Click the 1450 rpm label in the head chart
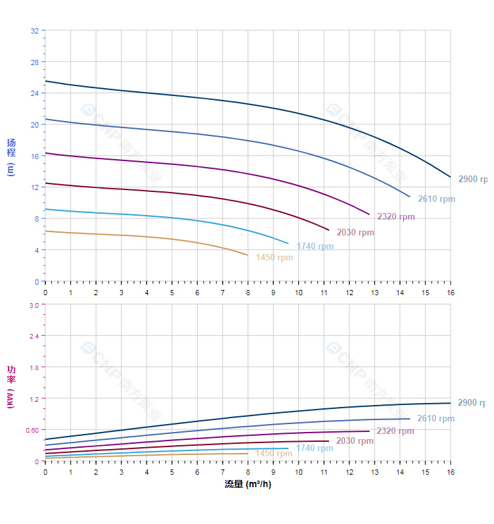[x=275, y=258]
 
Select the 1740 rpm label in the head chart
[x=315, y=247]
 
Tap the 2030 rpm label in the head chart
[x=355, y=232]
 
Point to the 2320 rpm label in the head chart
[x=395, y=217]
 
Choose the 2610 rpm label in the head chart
[x=436, y=199]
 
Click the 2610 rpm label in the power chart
[x=436, y=419]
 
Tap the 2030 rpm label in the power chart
[x=355, y=441]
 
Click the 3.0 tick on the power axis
[x=34, y=304]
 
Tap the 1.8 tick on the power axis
[x=34, y=367]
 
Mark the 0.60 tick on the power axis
[x=32, y=430]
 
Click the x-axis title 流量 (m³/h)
[x=248, y=485]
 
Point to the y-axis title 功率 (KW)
[x=11, y=387]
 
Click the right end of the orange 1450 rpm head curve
[x=248, y=255]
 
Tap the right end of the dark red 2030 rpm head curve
[x=328, y=229]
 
